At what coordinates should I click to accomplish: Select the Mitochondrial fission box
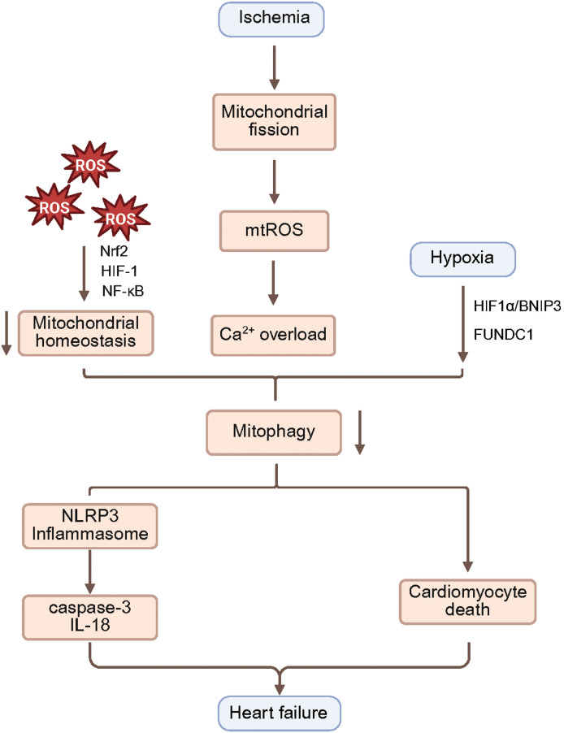click(x=274, y=122)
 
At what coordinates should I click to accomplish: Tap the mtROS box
click(x=274, y=231)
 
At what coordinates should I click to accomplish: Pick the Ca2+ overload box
click(x=273, y=335)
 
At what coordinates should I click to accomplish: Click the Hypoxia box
click(x=462, y=259)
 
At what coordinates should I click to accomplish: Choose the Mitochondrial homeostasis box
click(x=85, y=333)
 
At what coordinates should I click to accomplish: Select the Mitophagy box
click(x=274, y=432)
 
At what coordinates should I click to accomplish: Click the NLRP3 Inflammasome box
click(x=89, y=526)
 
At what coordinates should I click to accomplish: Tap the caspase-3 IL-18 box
click(x=89, y=617)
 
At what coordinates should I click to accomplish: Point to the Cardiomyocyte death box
click(x=467, y=602)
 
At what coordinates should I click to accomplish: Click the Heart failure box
click(x=280, y=713)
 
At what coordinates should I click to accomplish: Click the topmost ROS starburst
click(x=91, y=164)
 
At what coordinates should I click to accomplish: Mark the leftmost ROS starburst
click(x=54, y=207)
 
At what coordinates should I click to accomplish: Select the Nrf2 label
click(x=114, y=251)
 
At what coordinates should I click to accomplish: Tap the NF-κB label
click(x=123, y=291)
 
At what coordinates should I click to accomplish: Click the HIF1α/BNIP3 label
click(x=517, y=306)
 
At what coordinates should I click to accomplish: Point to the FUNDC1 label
click(x=503, y=335)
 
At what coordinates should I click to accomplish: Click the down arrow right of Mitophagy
click(x=359, y=432)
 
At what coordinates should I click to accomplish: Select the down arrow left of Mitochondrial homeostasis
click(x=6, y=333)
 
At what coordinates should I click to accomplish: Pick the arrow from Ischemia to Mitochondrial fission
click(x=275, y=67)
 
